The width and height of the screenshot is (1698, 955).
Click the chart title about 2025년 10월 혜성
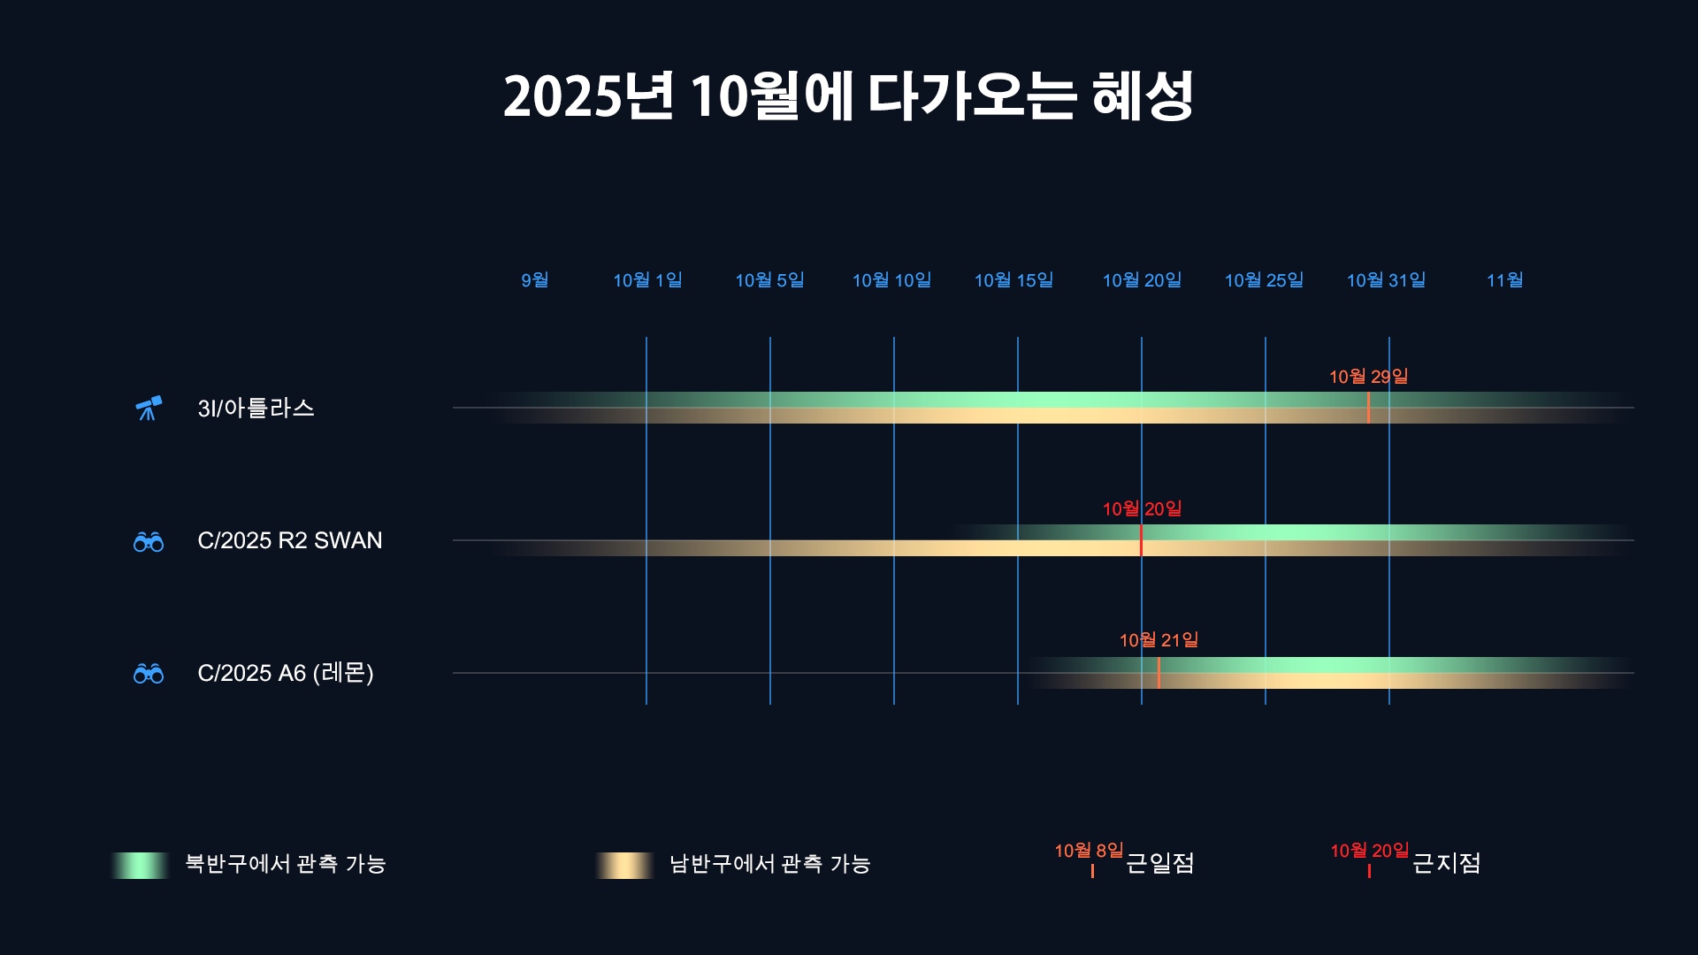point(848,95)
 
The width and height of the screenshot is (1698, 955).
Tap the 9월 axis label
point(534,280)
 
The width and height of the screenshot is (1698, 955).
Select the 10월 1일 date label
point(647,280)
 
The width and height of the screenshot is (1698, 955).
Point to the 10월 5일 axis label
point(769,280)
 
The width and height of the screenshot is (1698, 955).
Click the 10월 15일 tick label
point(1013,280)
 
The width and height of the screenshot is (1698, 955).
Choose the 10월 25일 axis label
point(1264,280)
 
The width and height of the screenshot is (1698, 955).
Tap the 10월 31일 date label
point(1386,280)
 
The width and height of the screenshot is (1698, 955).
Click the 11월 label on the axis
point(1504,280)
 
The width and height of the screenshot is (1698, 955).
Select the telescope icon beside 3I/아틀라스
point(149,408)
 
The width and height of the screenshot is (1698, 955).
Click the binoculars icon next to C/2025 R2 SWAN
point(149,541)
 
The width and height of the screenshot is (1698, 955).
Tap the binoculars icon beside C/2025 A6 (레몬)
point(149,674)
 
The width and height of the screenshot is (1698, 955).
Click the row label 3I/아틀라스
point(256,408)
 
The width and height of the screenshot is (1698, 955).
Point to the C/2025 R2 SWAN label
point(290,540)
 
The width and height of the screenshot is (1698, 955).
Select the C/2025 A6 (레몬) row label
point(286,673)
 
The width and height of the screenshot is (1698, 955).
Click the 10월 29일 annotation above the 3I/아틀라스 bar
point(1368,377)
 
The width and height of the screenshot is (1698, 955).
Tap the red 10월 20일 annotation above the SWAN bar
point(1142,509)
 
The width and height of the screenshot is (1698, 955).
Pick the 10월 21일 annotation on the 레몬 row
point(1159,640)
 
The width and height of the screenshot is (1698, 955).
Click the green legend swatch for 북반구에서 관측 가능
point(140,865)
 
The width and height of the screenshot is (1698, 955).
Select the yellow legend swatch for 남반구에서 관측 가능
point(624,865)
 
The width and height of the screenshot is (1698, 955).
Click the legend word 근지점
point(1446,863)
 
